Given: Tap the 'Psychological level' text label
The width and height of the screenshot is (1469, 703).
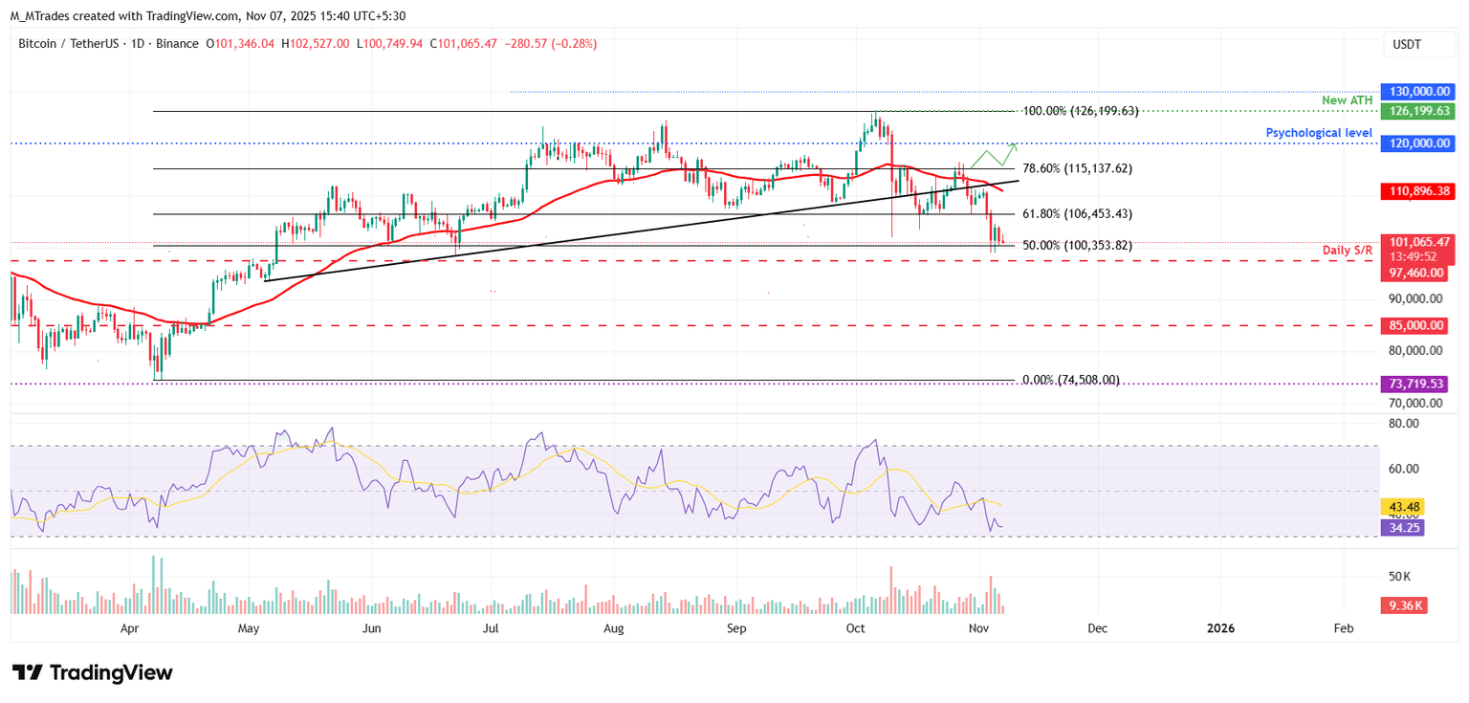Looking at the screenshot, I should point(1319,133).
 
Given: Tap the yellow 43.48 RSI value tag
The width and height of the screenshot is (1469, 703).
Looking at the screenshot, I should point(1402,507).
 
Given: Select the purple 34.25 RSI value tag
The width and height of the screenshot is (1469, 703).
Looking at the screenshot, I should point(1402,527).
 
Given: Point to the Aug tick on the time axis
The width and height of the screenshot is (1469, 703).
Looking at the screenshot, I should point(614,628).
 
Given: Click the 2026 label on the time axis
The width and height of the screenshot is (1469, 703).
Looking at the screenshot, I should point(1220,628).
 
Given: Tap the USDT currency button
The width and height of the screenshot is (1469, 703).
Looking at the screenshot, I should point(1408,44).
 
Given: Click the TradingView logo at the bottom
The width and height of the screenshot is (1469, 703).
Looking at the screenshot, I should point(93,672).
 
